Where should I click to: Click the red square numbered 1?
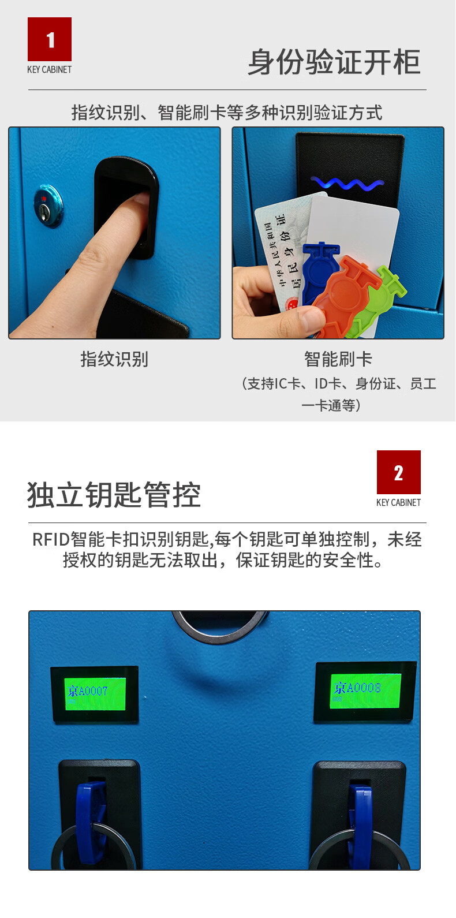(x=50, y=39)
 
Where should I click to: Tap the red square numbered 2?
(x=398, y=472)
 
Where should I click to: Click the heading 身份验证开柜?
(x=334, y=62)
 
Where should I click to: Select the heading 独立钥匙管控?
(x=114, y=495)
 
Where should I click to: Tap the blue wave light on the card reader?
(x=347, y=184)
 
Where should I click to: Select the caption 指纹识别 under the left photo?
(x=114, y=359)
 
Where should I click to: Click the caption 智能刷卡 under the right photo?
(x=338, y=359)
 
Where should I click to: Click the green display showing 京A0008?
(x=365, y=691)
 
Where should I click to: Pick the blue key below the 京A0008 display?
(x=359, y=820)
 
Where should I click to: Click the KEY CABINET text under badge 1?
(x=50, y=70)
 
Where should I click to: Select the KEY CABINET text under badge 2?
(x=398, y=503)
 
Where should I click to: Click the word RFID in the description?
(x=51, y=540)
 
